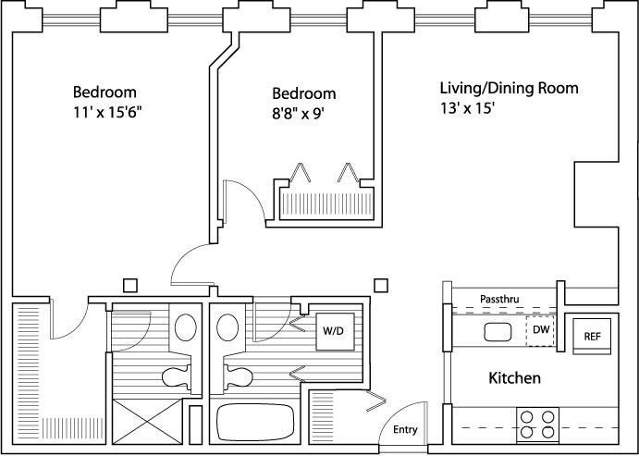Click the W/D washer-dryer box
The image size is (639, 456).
click(x=336, y=331)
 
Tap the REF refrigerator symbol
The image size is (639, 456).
click(x=592, y=336)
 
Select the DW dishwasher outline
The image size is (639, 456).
click(x=540, y=331)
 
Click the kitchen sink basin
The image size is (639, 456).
click(x=498, y=332)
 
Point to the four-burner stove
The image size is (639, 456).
click(x=537, y=425)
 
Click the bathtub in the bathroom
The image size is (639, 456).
click(x=255, y=422)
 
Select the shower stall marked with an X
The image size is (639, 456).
click(x=147, y=422)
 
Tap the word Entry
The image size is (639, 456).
click(x=405, y=429)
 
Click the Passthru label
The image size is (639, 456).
click(x=499, y=299)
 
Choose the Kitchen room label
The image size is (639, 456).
click(x=514, y=377)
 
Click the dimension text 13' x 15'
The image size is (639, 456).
click(x=467, y=108)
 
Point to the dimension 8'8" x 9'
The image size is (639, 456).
click(x=298, y=113)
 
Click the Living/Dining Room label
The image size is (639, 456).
click(x=509, y=88)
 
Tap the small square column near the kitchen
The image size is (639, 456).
click(x=381, y=285)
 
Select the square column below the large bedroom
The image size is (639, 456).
click(x=130, y=285)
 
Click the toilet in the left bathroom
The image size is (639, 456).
click(x=177, y=377)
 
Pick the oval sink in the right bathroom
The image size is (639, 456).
click(x=227, y=327)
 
